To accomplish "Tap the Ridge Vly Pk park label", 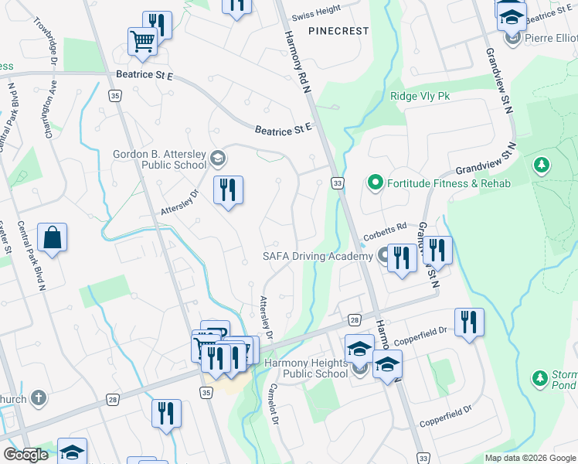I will click(x=420, y=96).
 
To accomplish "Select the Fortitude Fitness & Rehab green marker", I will click(x=376, y=183).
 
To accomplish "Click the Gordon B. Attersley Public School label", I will click(x=160, y=159).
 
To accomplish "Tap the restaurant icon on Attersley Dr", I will click(x=228, y=190).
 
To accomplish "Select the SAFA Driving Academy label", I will click(x=318, y=256).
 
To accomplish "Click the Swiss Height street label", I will click(x=317, y=13).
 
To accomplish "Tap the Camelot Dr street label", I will click(x=272, y=403).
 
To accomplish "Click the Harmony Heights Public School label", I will click(x=306, y=368).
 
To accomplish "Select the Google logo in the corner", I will click(x=25, y=455).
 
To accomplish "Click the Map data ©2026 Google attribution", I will click(x=530, y=458).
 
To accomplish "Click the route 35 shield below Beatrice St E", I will click(x=115, y=96).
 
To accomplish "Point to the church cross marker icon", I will click(x=39, y=399).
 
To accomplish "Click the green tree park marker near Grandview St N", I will click(x=542, y=165).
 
